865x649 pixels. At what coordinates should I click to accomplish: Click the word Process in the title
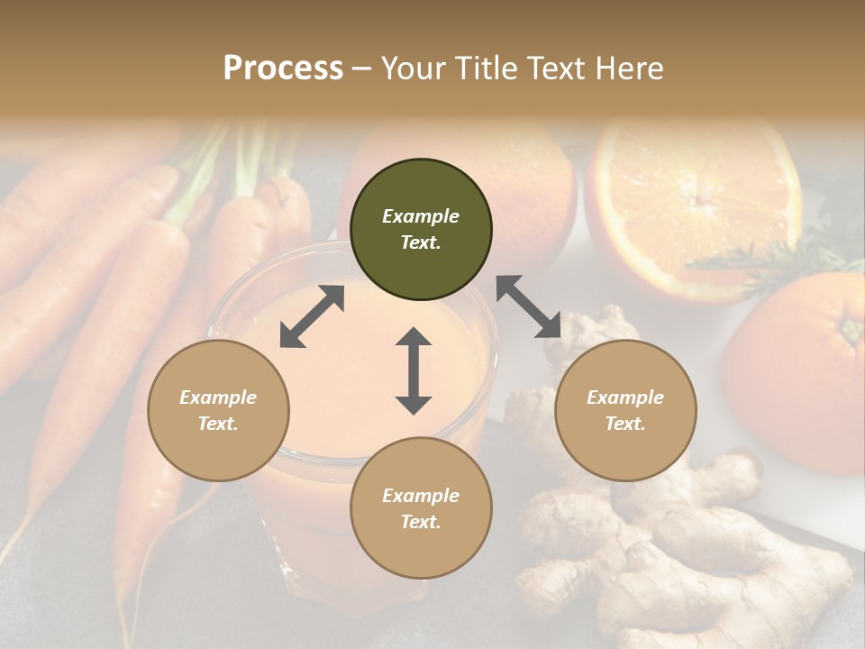point(283,69)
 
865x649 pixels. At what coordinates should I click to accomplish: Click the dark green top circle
point(421,230)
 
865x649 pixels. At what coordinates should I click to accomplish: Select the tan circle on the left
point(218,410)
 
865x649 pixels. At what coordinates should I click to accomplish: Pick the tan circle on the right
point(625,410)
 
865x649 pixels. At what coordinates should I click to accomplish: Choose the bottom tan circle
point(421,508)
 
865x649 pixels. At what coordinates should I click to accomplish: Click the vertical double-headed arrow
point(414,370)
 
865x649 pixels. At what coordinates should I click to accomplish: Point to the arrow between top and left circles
point(313,316)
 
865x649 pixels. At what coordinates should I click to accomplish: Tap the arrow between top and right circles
point(529,306)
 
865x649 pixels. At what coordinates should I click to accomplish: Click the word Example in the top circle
point(421,216)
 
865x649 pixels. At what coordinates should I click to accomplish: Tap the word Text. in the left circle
point(218,424)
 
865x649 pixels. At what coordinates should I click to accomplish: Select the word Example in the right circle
point(625,398)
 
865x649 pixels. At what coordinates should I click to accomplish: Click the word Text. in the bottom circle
point(421,522)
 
